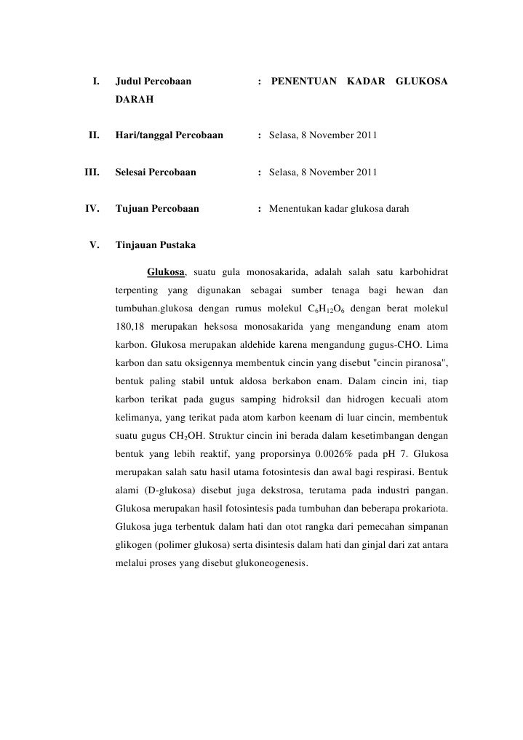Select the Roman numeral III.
[x=92, y=172]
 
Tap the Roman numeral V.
[x=94, y=244]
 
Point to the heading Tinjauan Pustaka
[x=155, y=244]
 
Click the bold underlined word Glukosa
[x=167, y=272]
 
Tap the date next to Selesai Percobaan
[x=323, y=172]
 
